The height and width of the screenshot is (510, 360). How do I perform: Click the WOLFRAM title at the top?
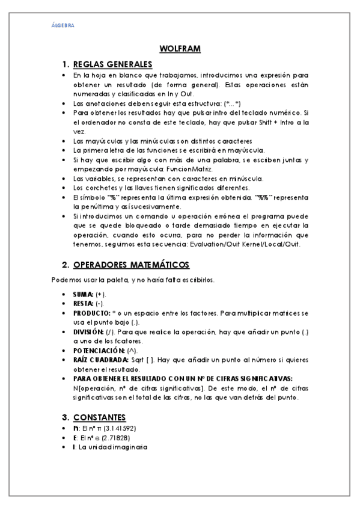tap(180, 49)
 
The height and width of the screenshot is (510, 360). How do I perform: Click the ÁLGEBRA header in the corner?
tap(63, 26)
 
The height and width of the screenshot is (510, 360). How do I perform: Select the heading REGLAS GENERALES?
tap(112, 64)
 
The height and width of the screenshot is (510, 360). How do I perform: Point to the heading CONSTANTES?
tap(99, 417)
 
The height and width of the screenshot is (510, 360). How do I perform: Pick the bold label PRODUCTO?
tap(91, 313)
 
